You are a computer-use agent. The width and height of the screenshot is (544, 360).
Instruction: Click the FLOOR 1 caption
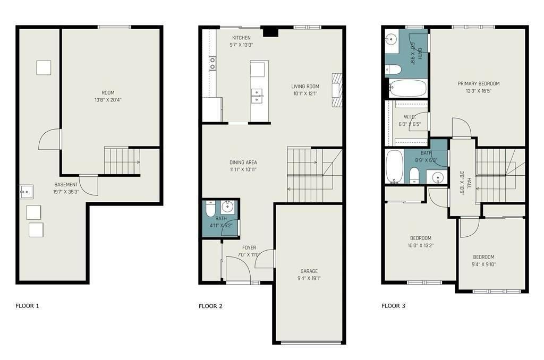(27, 306)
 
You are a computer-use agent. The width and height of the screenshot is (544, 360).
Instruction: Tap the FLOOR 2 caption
(210, 306)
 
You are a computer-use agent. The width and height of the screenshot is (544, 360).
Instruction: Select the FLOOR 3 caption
(393, 306)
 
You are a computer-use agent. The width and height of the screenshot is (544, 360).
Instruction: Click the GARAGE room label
(309, 271)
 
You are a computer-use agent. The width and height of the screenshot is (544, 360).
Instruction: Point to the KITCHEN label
(242, 38)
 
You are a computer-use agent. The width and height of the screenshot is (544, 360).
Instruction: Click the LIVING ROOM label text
(305, 87)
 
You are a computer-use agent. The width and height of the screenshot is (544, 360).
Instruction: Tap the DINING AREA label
(243, 162)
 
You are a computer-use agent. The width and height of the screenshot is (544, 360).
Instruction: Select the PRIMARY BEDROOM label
(479, 83)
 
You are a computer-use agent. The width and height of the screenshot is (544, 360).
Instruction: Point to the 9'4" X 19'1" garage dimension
(309, 278)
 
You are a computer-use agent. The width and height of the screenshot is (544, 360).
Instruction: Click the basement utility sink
(27, 192)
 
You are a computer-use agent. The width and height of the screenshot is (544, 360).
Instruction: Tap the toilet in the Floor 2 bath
(210, 209)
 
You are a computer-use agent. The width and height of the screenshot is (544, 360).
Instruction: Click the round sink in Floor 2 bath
(227, 207)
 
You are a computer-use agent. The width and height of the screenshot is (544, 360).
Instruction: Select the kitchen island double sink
(257, 96)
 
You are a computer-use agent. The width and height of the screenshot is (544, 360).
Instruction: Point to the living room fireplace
(337, 90)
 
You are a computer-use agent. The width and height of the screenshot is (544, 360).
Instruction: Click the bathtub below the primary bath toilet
(407, 89)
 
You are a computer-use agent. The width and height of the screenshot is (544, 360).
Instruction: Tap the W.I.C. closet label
(410, 117)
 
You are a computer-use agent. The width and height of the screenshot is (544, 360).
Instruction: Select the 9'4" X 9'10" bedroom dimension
(483, 264)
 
